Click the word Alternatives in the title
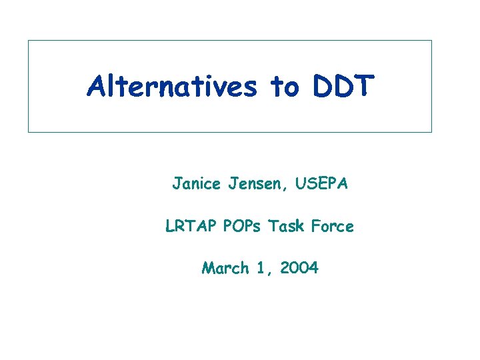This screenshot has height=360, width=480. [x=171, y=87]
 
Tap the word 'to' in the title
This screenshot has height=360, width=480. [x=285, y=87]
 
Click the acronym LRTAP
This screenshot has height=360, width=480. [x=189, y=227]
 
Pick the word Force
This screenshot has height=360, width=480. [x=331, y=227]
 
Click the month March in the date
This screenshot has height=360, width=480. [x=225, y=269]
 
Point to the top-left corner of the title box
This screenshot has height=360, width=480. [x=28, y=41]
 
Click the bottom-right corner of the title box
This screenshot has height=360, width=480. [x=431, y=132]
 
